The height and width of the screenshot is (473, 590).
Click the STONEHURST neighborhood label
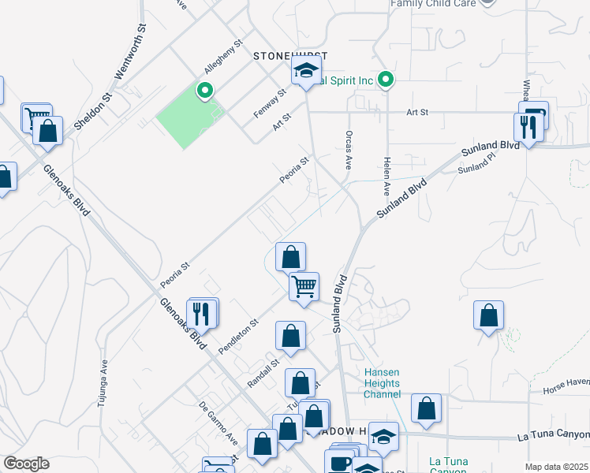click(289, 56)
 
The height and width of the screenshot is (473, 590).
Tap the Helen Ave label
click(386, 176)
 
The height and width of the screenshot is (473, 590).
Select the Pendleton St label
click(240, 336)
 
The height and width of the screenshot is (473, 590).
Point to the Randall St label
click(263, 372)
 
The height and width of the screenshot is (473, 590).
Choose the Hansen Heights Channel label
click(382, 383)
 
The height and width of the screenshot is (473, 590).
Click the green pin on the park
click(205, 91)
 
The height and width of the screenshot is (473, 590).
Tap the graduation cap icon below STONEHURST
click(306, 71)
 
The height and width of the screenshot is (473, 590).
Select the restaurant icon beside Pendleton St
click(203, 314)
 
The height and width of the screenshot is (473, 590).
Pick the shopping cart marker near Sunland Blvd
click(304, 285)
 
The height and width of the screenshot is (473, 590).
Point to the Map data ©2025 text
click(556, 467)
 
